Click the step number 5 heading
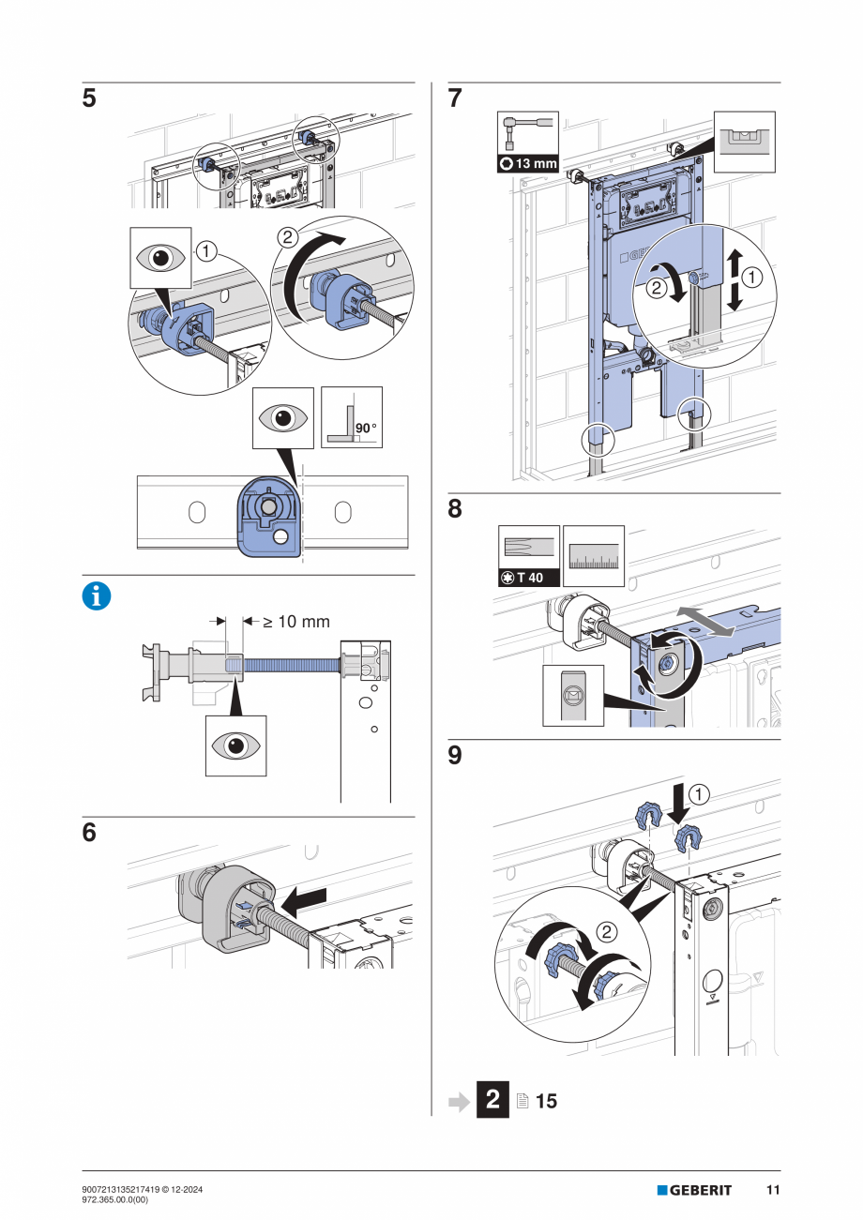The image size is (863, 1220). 89,99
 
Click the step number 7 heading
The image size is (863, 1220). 455,99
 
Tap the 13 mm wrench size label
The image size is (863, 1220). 529,164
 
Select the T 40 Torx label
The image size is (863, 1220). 528,578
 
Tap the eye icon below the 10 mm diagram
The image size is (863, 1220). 235,746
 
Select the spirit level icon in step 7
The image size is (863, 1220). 745,141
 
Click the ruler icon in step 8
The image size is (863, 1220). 594,556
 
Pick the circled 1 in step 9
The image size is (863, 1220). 698,794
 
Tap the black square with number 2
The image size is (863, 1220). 493,1100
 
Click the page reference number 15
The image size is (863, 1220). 547,1101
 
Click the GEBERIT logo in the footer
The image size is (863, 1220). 694,1190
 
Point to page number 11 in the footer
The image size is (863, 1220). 773,1190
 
